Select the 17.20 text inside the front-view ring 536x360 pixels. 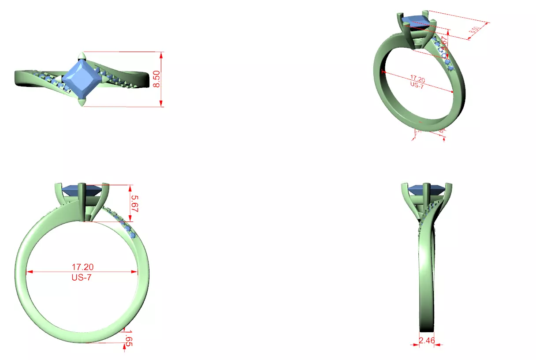(82, 267)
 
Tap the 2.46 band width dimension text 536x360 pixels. (426, 340)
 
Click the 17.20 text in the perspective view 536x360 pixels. (417, 79)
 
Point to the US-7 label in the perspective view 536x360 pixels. (417, 86)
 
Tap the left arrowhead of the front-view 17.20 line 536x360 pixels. (29, 272)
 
